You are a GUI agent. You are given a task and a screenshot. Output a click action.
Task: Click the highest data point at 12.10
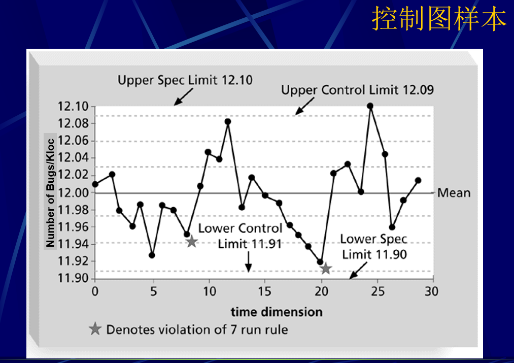coord(370,106)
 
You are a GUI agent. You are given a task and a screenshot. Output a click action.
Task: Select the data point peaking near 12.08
coord(228,122)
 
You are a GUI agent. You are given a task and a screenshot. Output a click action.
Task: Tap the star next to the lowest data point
coord(326,269)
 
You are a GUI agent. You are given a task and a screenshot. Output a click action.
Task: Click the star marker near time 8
coord(192,242)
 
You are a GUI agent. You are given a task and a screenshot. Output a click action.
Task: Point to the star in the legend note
coord(95,329)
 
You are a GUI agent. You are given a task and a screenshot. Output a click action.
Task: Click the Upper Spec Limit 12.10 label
coord(185,80)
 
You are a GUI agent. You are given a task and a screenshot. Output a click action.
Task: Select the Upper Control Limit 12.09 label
coord(357,90)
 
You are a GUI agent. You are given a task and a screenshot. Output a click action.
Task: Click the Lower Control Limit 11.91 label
coord(241,236)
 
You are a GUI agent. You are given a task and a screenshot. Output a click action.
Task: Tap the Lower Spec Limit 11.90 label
coord(373,247)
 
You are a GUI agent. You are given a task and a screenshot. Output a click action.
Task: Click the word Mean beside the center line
coord(454,193)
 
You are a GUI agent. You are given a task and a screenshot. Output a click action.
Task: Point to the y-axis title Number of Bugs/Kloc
coord(50,192)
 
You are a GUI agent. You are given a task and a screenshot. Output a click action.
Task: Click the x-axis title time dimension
coord(277,312)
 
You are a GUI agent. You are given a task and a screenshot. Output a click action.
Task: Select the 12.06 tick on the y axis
coord(73,141)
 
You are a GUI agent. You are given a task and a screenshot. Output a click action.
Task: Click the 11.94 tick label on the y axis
coord(73,244)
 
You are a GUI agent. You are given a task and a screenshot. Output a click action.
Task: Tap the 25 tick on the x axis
coord(378,291)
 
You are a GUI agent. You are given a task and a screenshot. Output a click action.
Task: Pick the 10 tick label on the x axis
coord(210,291)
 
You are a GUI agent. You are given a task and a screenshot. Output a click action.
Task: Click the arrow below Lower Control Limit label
coord(249,262)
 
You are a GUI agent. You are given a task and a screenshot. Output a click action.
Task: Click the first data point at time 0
coord(95,184)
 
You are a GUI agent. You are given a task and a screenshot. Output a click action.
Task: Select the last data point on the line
coord(418,180)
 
